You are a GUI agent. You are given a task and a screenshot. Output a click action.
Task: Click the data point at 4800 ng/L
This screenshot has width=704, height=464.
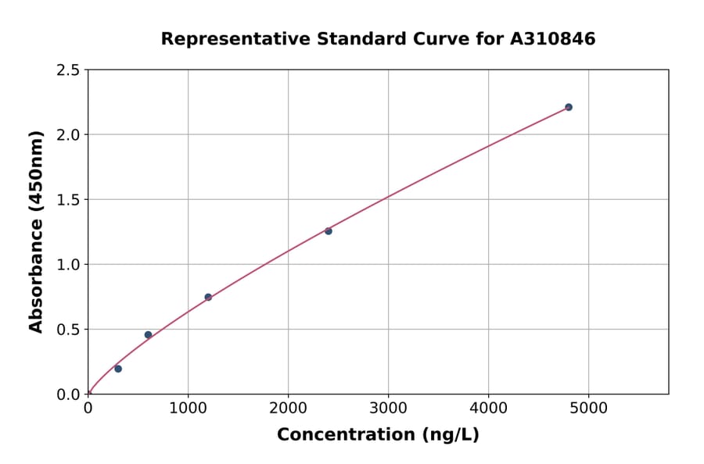point(569,107)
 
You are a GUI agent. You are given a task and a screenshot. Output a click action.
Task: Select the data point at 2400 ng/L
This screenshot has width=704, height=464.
point(329,231)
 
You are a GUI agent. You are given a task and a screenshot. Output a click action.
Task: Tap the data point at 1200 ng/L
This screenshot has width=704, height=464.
point(208,297)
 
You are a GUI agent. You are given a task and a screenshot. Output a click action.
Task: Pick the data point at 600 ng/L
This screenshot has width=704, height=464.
point(148,335)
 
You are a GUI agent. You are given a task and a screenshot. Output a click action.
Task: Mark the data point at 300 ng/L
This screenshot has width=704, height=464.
point(118,369)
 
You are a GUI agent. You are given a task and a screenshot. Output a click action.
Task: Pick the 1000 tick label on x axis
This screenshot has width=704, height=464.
point(188,408)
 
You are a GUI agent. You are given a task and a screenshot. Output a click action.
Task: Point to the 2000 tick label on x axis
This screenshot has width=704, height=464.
point(288,408)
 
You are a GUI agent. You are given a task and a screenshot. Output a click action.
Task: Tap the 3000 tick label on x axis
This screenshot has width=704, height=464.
point(389,408)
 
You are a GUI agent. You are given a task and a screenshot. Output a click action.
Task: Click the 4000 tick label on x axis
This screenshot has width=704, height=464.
point(489,408)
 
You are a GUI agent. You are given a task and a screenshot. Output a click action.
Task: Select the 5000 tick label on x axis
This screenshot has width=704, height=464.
point(589,408)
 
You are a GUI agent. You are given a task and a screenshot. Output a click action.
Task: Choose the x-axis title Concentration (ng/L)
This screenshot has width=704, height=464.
point(378,435)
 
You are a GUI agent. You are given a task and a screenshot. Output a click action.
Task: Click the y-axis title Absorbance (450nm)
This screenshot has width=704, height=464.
point(37,231)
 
